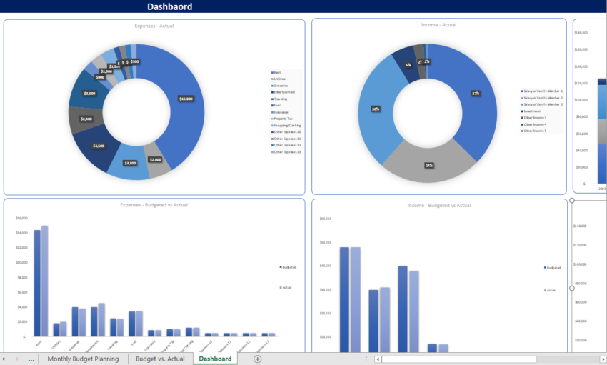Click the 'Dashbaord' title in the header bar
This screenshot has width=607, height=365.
click(169, 6)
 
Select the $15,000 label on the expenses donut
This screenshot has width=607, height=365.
click(186, 99)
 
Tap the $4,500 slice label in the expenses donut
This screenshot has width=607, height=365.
click(99, 146)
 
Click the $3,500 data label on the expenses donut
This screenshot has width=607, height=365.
click(89, 94)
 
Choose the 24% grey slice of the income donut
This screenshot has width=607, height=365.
click(429, 165)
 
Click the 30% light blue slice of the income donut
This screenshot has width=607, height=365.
click(376, 109)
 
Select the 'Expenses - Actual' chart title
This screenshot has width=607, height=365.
click(154, 26)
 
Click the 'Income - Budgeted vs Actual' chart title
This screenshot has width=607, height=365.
click(439, 206)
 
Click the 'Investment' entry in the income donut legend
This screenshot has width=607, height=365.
click(533, 111)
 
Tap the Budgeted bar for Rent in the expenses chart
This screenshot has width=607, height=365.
click(37, 283)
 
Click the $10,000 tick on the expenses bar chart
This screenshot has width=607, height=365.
click(21, 262)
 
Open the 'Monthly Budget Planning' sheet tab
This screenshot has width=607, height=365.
click(83, 359)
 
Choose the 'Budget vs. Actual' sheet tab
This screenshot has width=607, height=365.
click(160, 359)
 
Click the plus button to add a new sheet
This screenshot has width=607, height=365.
click(257, 359)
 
